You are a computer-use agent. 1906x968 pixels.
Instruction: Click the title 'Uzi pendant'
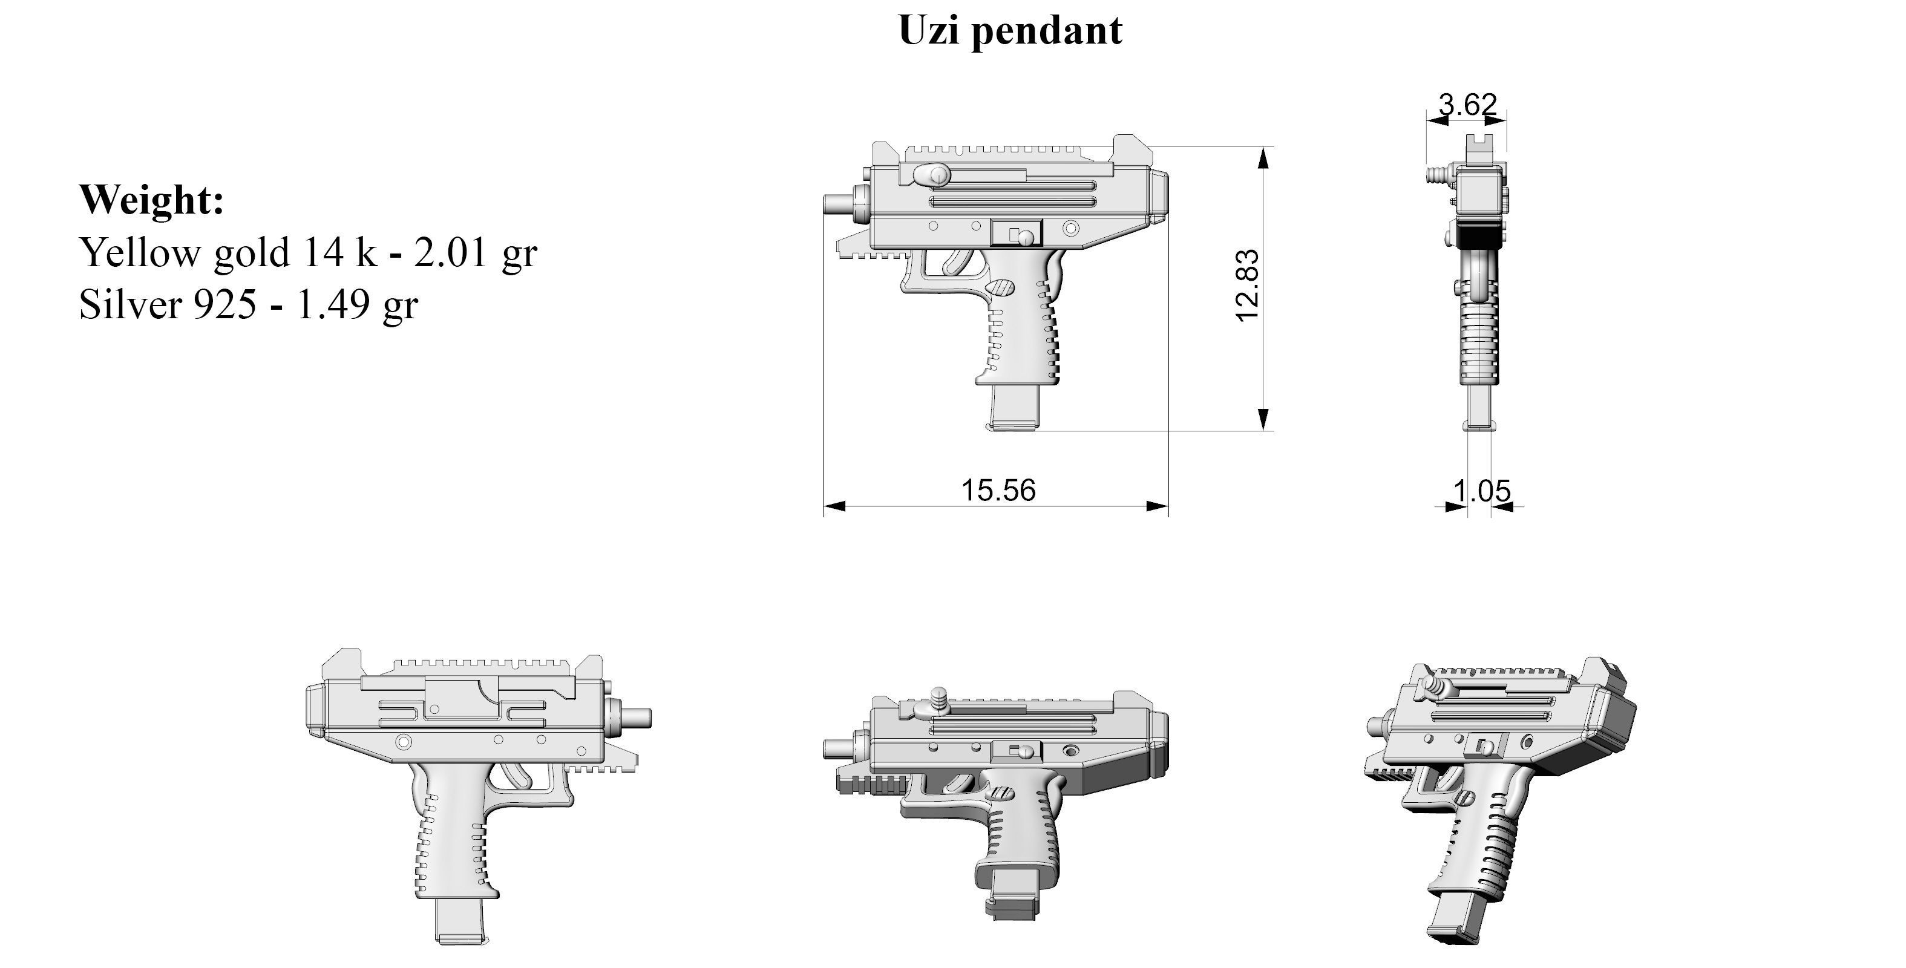point(1010,31)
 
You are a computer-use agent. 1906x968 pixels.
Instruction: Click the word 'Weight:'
point(152,200)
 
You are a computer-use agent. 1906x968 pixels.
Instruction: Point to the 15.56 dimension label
point(997,490)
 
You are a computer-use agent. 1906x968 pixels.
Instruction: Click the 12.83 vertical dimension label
point(1248,286)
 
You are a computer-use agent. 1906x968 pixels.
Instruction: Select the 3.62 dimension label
point(1467,105)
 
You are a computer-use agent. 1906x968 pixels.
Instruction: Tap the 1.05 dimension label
point(1482,490)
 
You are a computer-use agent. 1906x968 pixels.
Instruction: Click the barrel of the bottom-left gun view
point(637,716)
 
